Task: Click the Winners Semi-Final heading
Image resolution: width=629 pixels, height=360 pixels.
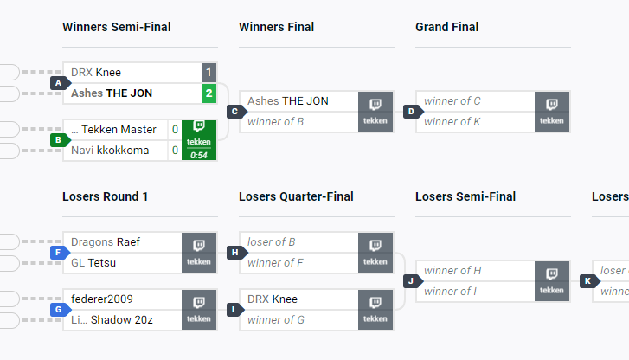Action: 117,27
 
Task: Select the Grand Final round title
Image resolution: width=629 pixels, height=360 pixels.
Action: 446,27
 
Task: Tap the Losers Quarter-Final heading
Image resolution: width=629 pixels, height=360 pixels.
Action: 296,196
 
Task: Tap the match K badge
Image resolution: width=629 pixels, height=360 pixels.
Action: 588,280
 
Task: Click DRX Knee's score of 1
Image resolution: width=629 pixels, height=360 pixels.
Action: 209,72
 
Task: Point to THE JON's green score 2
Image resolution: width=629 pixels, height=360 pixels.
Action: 209,93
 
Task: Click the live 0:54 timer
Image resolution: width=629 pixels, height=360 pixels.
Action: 199,155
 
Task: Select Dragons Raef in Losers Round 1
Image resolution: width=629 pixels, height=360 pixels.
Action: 106,242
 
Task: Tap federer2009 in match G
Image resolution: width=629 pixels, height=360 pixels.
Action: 102,299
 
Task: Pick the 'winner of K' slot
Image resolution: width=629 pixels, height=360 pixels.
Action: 452,122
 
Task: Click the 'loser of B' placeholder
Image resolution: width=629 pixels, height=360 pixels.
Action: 273,242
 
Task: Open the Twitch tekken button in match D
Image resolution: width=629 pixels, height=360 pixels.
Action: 552,112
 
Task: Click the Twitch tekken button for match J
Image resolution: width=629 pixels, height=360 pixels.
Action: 552,280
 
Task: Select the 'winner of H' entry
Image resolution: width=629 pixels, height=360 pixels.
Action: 452,271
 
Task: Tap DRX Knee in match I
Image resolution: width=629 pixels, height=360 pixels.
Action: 273,299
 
